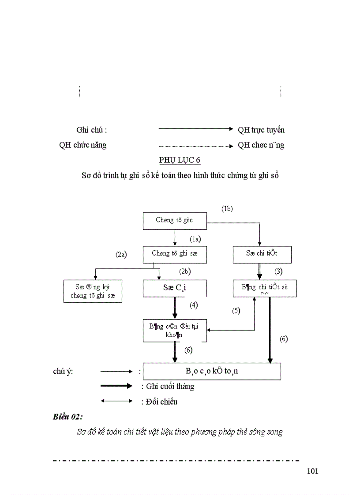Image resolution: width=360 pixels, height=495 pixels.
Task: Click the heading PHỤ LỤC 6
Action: tap(180, 160)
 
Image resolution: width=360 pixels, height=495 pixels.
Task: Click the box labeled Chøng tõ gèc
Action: tap(175, 220)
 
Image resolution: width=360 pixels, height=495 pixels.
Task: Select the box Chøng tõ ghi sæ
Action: tap(175, 254)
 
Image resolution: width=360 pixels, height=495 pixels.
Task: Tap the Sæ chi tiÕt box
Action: tap(262, 254)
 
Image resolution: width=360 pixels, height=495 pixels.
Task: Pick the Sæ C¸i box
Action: tap(175, 288)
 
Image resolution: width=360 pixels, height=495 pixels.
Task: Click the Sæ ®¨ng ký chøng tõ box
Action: tap(93, 291)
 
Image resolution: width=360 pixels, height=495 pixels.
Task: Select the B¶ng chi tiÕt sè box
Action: tap(265, 288)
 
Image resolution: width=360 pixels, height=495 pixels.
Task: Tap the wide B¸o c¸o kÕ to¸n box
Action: tap(212, 371)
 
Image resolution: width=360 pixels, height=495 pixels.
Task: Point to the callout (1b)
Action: tap(227, 209)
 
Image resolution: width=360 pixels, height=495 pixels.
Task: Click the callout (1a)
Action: tap(195, 239)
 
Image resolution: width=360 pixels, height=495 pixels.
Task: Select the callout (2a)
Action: tap(121, 254)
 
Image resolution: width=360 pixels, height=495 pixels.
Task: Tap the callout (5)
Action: tap(236, 311)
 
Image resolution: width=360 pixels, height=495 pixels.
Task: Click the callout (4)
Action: tap(194, 305)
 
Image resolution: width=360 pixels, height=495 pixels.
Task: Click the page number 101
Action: tap(312, 471)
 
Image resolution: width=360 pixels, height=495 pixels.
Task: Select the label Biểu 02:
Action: tap(68, 417)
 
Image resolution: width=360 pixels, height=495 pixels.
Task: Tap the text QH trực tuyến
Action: tap(261, 130)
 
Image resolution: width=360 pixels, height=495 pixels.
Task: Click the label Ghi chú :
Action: tap(91, 130)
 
